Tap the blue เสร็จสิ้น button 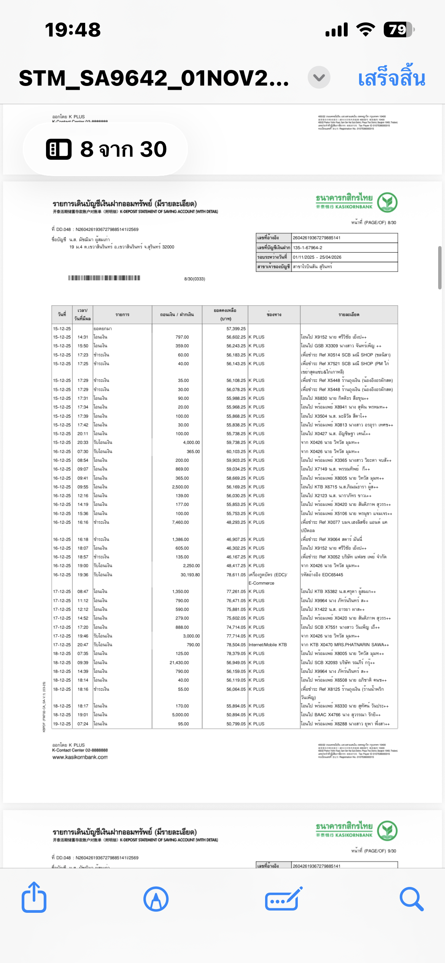391,78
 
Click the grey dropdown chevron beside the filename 319,78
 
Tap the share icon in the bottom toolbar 34,898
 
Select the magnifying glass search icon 411,899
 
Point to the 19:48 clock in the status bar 73,30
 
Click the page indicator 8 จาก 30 106,149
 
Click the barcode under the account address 104,278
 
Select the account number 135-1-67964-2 307,248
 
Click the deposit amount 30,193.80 190,575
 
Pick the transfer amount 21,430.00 179,663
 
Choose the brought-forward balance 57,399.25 236,329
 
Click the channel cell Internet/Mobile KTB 268,645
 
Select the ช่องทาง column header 274,315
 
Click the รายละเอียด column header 349,315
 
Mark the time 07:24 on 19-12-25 83,724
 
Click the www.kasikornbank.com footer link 80,757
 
